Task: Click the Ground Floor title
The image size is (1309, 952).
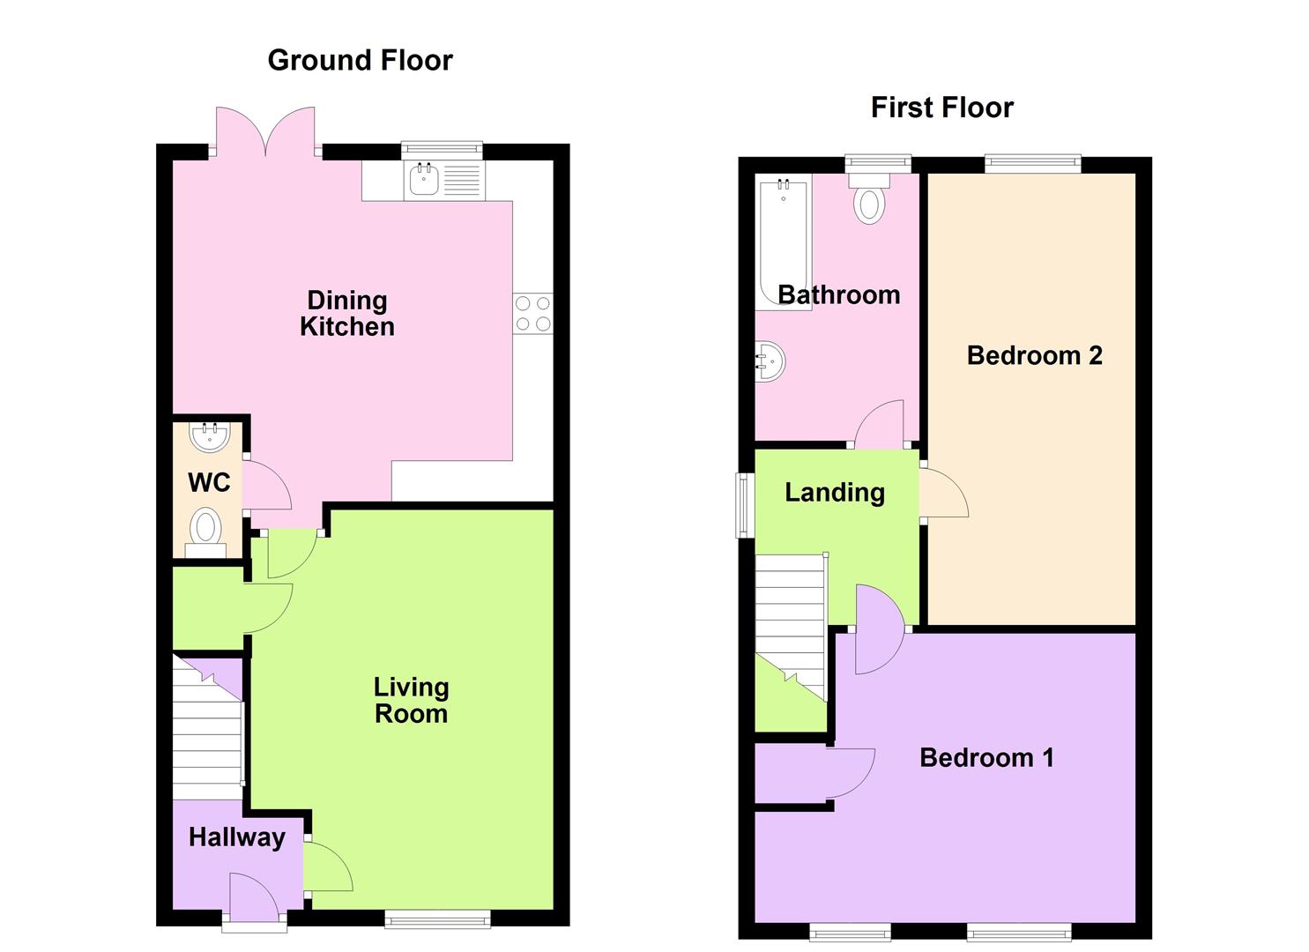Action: click(x=360, y=60)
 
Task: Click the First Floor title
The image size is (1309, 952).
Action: click(x=941, y=108)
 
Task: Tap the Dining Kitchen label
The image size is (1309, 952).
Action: click(x=346, y=314)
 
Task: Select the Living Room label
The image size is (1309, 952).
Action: click(x=411, y=700)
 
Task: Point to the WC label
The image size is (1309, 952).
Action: click(x=209, y=482)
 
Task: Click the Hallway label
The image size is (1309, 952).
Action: click(x=237, y=837)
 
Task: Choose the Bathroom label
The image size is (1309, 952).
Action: click(x=838, y=294)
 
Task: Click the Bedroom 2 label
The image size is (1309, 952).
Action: click(x=1034, y=355)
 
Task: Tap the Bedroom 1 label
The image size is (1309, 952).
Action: click(x=986, y=757)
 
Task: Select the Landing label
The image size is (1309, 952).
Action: click(x=834, y=492)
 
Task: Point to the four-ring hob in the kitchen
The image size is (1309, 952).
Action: click(x=532, y=314)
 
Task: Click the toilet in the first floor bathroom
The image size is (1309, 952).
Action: click(x=869, y=199)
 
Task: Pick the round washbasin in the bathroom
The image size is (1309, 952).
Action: click(x=770, y=361)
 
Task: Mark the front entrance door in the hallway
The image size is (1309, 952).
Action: click(x=253, y=899)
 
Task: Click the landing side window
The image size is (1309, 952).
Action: click(x=745, y=505)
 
